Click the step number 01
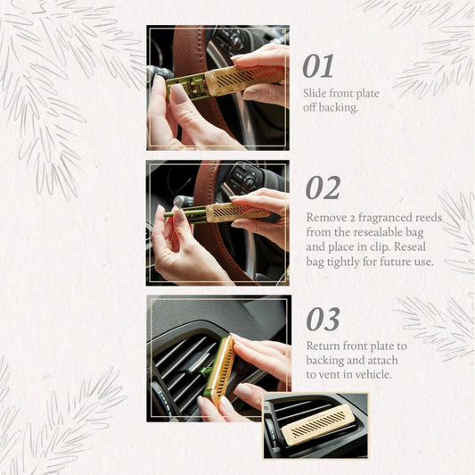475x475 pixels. point(318,66)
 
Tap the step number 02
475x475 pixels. point(323,187)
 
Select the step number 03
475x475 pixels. point(323,320)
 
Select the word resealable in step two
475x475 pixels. point(378,232)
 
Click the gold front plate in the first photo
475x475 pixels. point(245,79)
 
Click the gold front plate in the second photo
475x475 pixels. point(238,212)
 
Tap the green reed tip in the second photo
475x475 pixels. point(167,214)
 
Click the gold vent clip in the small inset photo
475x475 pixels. point(318,424)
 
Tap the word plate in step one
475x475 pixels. point(367,94)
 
